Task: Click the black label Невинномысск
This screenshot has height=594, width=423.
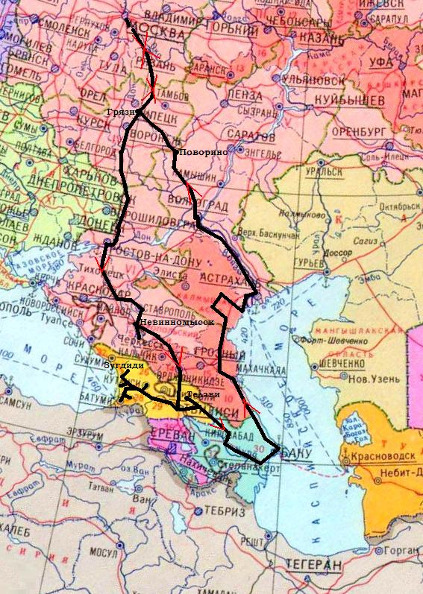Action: pos(176,322)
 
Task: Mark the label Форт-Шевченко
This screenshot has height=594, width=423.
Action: pos(354,342)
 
